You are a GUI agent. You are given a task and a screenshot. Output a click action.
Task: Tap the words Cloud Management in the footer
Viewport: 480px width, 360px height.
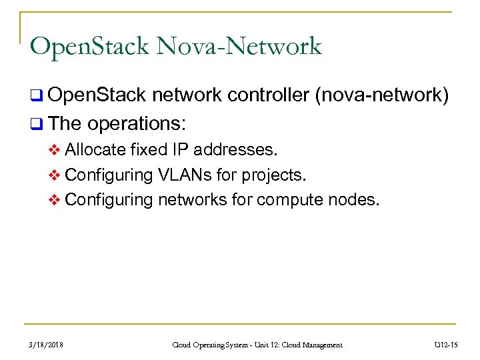[x=311, y=345]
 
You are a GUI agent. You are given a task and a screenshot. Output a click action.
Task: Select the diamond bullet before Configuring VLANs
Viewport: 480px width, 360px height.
[x=55, y=175]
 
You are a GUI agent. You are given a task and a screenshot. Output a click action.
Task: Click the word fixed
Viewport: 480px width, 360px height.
[x=149, y=150]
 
